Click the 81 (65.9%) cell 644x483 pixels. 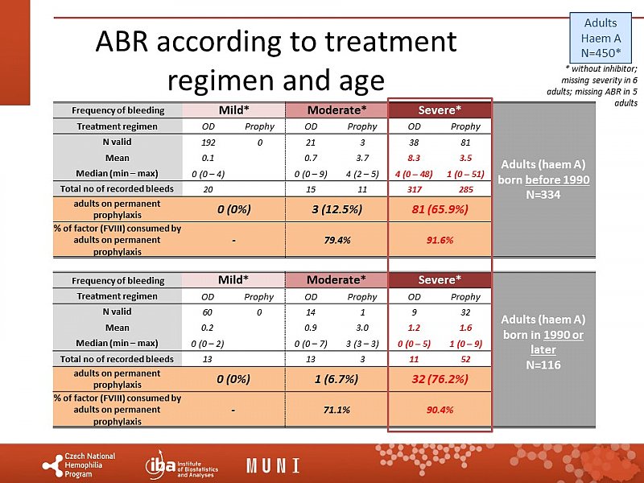pyautogui.click(x=440, y=209)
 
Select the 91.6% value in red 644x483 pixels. pyautogui.click(x=440, y=239)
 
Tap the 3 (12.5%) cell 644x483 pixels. pyautogui.click(x=336, y=209)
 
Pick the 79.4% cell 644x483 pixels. pyautogui.click(x=336, y=239)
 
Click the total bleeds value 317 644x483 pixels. pyautogui.click(x=415, y=189)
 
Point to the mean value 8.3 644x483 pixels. pyautogui.click(x=415, y=158)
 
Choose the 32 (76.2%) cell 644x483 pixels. pyautogui.click(x=440, y=379)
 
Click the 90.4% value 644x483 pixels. pyautogui.click(x=440, y=409)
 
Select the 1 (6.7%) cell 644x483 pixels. pyautogui.click(x=336, y=379)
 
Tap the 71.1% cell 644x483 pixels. pyautogui.click(x=336, y=409)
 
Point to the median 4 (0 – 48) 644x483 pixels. pyautogui.click(x=415, y=173)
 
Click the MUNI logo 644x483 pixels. pyautogui.click(x=273, y=465)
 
